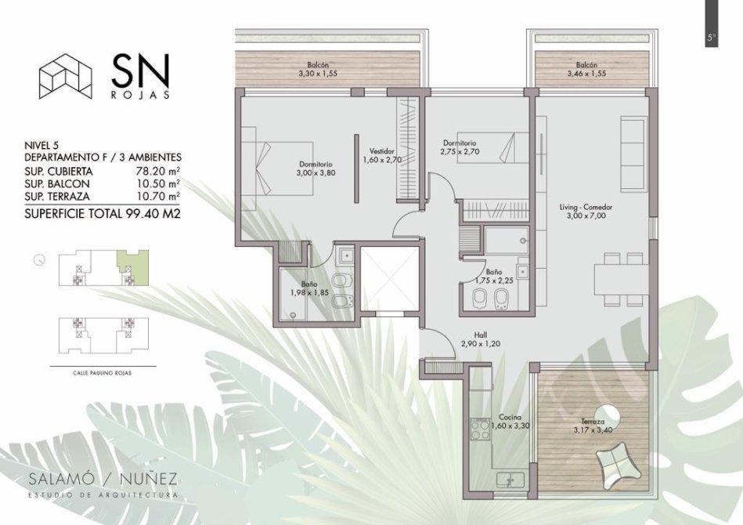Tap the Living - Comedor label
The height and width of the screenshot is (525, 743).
(x=586, y=207)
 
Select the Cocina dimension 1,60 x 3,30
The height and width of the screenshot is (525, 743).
(x=510, y=426)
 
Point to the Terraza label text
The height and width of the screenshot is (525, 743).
(x=593, y=421)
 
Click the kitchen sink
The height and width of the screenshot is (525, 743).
(x=510, y=480)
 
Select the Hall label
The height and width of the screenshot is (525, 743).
(x=481, y=335)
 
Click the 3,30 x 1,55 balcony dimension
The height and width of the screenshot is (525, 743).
(x=318, y=74)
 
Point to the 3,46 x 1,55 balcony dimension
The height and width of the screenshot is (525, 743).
(x=586, y=74)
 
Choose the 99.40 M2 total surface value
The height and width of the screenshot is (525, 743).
(x=153, y=214)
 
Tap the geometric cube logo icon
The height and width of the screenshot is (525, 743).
(x=66, y=76)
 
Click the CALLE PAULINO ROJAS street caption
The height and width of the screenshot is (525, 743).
(x=103, y=373)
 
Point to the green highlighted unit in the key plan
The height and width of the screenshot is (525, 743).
(x=132, y=267)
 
